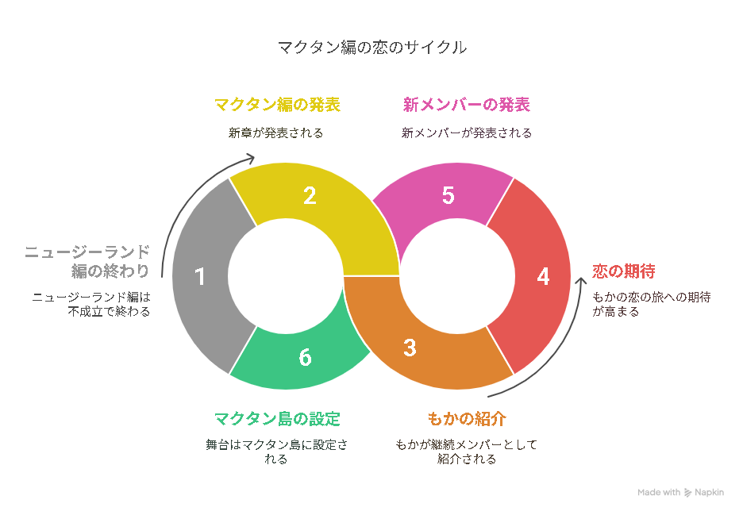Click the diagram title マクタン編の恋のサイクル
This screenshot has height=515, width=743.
click(372, 48)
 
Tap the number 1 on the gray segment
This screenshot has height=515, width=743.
click(200, 277)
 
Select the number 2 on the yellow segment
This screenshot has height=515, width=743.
click(310, 196)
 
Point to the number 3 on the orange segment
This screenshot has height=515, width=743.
click(410, 348)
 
